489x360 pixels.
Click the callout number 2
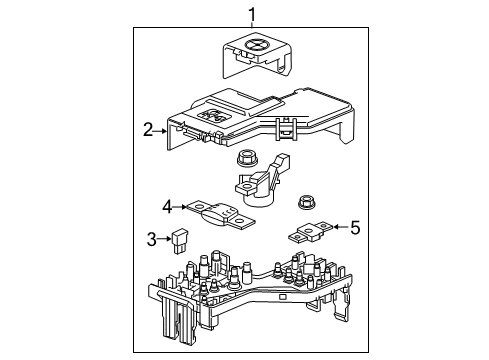[x=148, y=129]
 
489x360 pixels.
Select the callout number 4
[x=169, y=207]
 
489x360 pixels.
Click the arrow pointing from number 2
[x=161, y=129]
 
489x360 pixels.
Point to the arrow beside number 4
[x=182, y=207]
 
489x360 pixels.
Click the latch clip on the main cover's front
[x=284, y=128]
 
